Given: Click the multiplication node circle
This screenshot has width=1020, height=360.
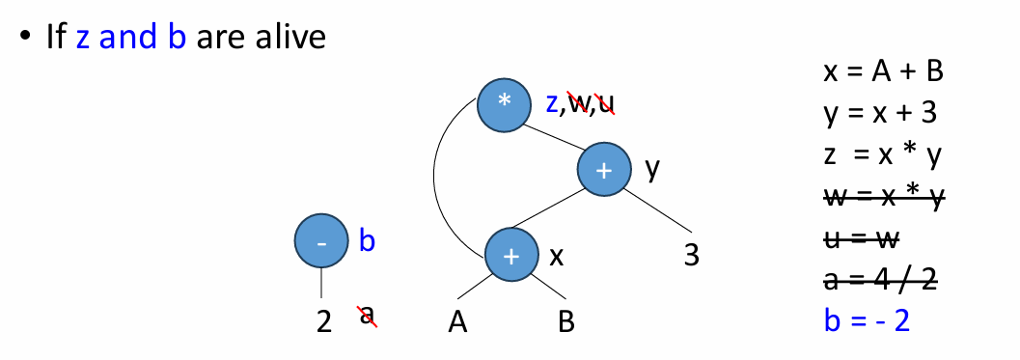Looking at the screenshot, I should click(504, 103).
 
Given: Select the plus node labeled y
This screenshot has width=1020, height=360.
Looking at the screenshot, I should click(604, 170).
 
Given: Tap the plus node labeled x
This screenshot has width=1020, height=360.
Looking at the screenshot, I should click(510, 256).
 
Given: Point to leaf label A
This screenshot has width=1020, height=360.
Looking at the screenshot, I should click(458, 321).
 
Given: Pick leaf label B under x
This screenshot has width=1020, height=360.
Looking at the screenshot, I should click(565, 321).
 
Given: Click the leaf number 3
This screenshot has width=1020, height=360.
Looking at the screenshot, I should click(690, 256).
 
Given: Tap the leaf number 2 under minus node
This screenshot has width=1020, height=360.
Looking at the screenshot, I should click(324, 321).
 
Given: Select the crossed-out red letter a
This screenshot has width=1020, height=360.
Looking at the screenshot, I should click(367, 316).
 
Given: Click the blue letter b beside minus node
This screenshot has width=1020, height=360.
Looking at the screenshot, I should click(367, 240).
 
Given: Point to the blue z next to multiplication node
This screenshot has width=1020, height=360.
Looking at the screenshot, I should click(552, 103).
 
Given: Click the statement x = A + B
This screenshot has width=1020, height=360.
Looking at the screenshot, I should click(882, 72).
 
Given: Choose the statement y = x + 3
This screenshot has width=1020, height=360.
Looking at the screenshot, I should click(880, 114).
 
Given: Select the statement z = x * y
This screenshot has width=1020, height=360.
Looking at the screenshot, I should click(880, 155).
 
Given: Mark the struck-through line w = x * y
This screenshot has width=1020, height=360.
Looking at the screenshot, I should click(883, 197).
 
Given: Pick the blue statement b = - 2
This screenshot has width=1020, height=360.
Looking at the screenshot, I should click(867, 320).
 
